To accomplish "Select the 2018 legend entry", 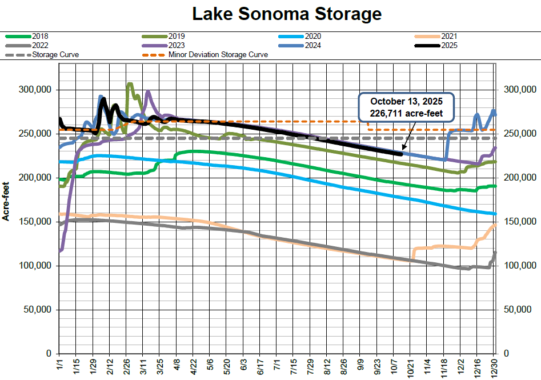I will (x=41, y=36).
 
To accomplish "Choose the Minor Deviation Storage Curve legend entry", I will (x=218, y=55).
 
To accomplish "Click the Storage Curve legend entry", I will (x=55, y=55).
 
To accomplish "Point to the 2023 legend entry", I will (x=177, y=45).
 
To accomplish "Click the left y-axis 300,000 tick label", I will (x=36, y=90).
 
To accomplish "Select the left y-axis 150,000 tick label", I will (x=36, y=222).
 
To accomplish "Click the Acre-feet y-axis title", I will (x=7, y=200).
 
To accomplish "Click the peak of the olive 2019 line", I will (x=129, y=84).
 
